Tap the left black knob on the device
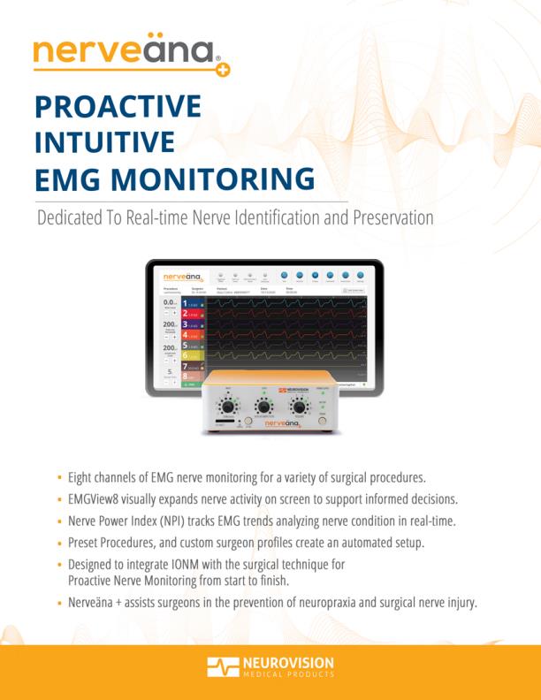point(228,407)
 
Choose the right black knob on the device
point(301,407)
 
